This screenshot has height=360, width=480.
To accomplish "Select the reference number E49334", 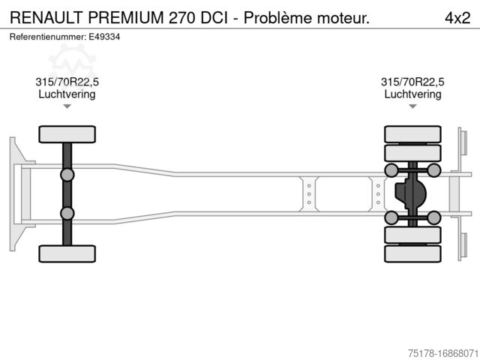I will point(106,36).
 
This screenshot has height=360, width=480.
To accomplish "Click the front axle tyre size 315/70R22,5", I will point(67,82).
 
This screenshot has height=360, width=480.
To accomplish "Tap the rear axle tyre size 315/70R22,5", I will point(412,82).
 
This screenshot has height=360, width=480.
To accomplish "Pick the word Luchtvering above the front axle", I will point(67,94).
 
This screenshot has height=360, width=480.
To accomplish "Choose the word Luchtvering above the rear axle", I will point(412,94).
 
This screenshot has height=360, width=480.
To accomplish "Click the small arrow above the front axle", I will point(67,106).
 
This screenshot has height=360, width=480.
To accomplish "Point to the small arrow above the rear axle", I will point(412,106).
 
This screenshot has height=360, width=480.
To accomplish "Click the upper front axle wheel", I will point(67,134).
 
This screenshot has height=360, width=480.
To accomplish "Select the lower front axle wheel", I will point(67,253).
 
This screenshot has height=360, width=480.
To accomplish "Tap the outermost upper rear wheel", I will point(412,134).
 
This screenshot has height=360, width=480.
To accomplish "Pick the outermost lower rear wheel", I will point(412,253).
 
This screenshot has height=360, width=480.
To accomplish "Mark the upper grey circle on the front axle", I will point(67,175).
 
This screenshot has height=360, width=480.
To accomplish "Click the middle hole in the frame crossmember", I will point(308,193).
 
